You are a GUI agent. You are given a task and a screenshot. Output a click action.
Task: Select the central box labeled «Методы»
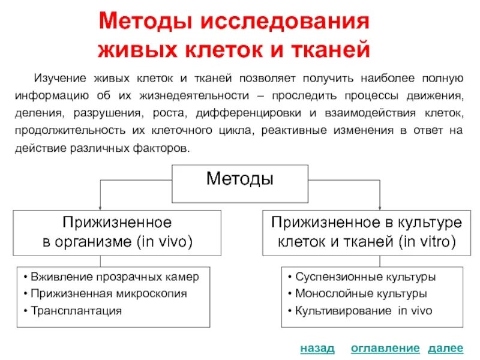pyautogui.click(x=240, y=179)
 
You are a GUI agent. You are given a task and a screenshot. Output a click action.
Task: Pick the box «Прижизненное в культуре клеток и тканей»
pyautogui.click(x=367, y=233)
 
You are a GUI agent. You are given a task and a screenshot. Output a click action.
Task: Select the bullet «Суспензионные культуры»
pyautogui.click(x=361, y=277)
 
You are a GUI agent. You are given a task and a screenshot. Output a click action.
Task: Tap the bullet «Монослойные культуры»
pyautogui.click(x=357, y=294)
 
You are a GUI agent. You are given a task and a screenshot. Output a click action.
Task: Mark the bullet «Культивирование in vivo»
pyautogui.click(x=359, y=311)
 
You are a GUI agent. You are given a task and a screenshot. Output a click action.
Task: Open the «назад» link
pyautogui.click(x=317, y=349)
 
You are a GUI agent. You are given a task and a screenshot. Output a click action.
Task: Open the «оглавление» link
pyautogui.click(x=385, y=349)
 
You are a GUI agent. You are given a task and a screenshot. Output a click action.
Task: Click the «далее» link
pyautogui.click(x=445, y=349)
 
